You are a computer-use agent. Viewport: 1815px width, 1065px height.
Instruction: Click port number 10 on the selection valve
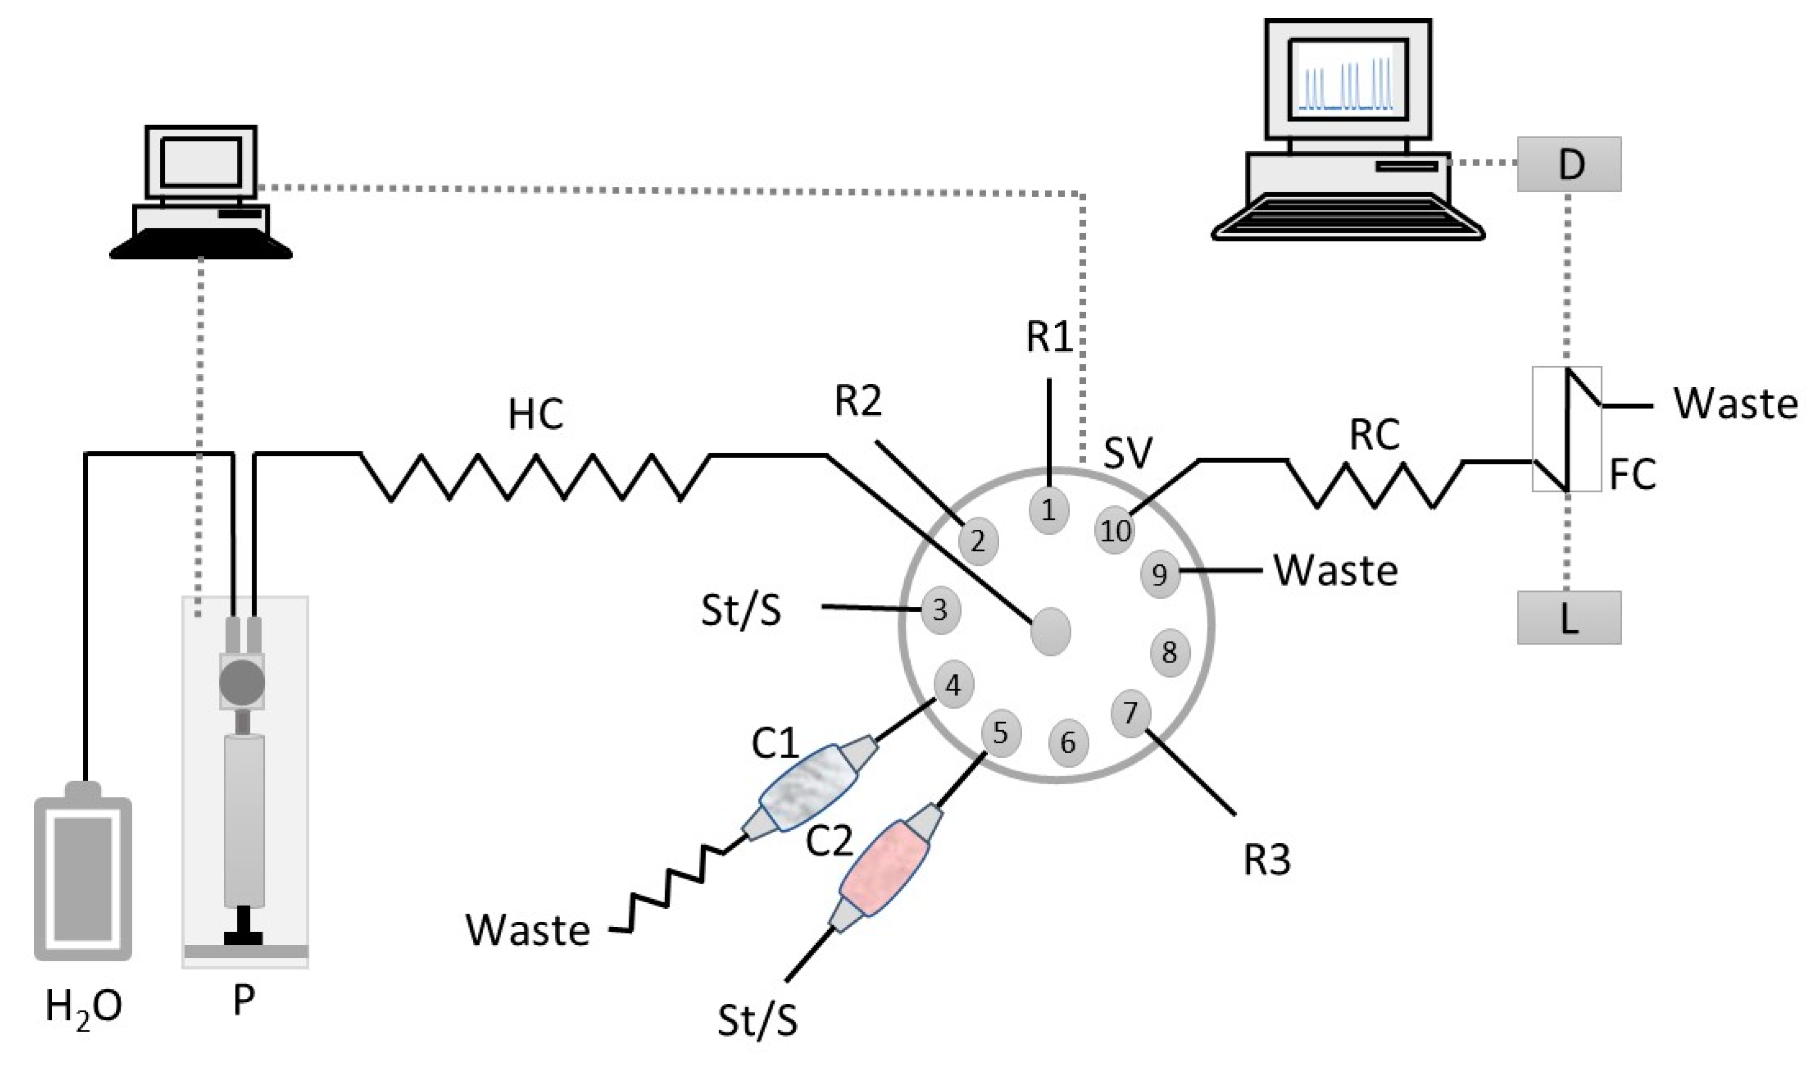point(1115,531)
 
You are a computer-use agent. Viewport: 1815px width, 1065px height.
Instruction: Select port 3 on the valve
point(940,610)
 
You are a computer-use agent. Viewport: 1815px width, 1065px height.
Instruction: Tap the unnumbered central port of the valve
point(1050,631)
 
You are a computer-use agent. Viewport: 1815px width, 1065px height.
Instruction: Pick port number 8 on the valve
point(1170,652)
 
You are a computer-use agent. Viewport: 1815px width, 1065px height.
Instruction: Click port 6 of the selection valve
point(1068,742)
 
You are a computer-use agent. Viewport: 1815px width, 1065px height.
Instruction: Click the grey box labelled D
point(1569,164)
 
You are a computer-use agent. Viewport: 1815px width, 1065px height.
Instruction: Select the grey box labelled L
point(1569,618)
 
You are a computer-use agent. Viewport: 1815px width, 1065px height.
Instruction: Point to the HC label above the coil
point(535,415)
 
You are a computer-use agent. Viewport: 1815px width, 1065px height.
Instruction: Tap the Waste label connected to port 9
point(1336,571)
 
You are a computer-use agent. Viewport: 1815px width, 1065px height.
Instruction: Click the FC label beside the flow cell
point(1632,474)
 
